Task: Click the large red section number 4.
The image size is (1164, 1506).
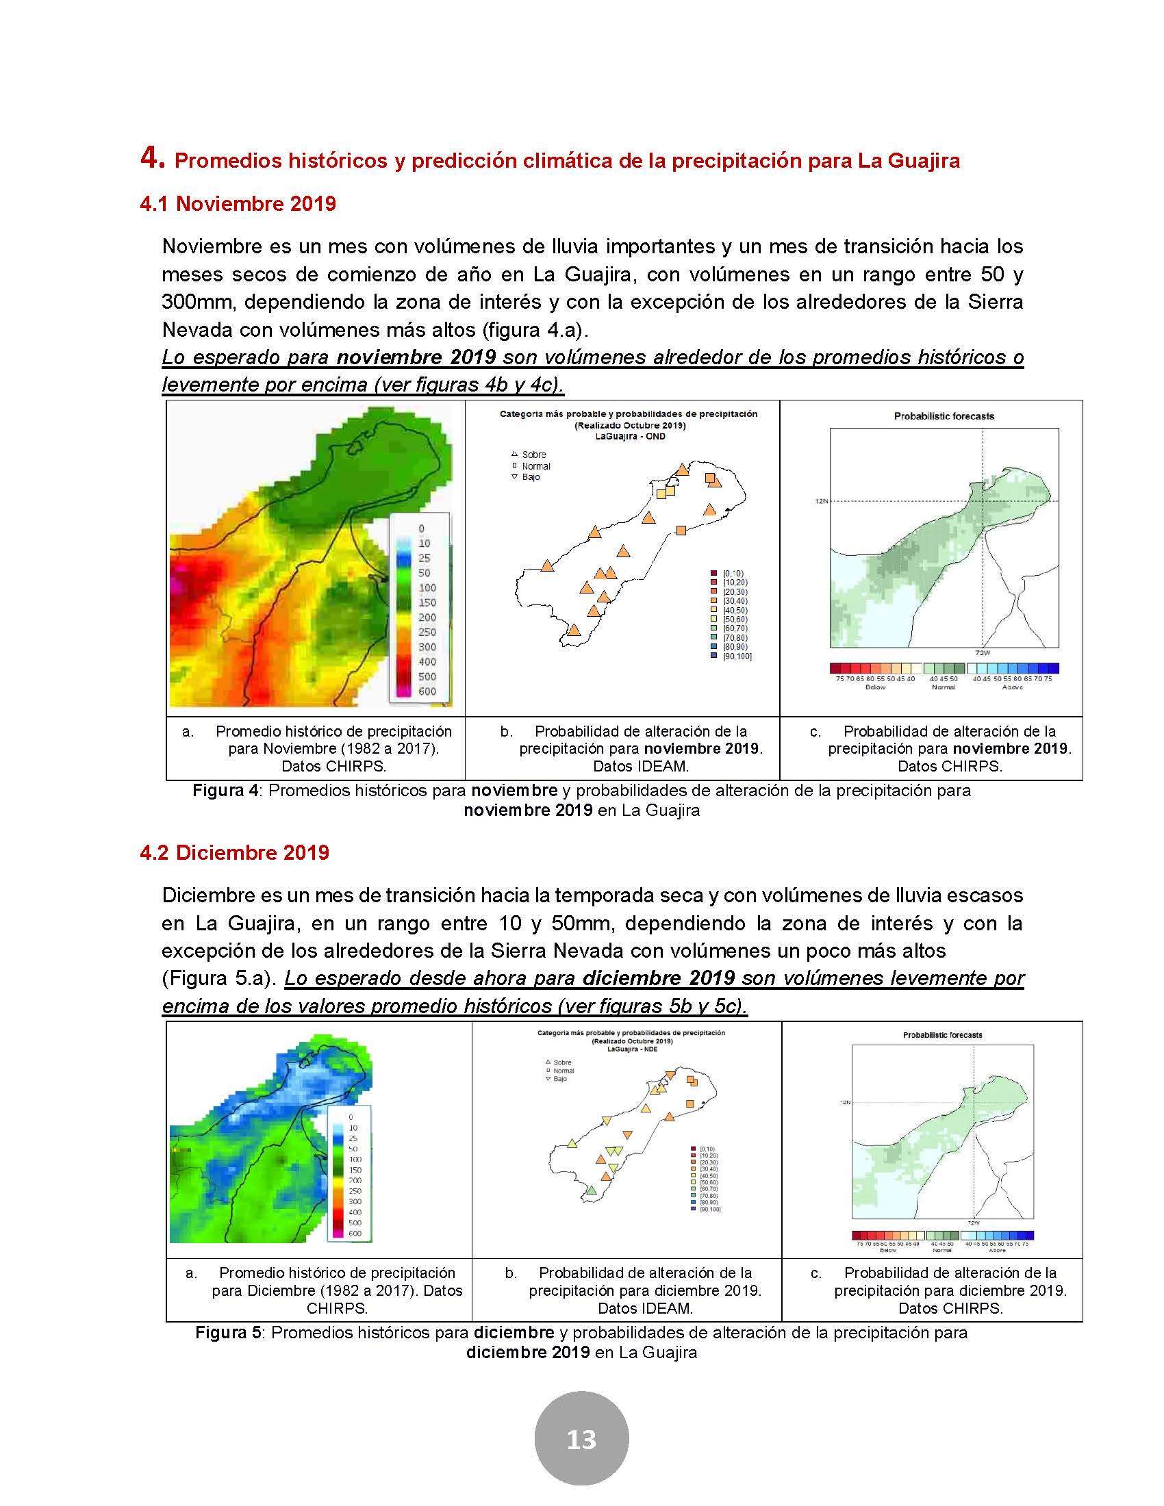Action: click(152, 158)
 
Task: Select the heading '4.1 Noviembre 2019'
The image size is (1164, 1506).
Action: click(238, 203)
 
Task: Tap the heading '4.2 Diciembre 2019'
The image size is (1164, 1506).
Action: click(234, 852)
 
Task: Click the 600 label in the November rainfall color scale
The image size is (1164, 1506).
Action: click(427, 691)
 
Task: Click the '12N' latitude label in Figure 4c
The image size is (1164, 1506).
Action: click(820, 501)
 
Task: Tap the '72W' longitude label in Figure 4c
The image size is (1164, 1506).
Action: click(982, 652)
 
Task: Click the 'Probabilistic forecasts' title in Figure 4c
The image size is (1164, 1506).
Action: click(944, 416)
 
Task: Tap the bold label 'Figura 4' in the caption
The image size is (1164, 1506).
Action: click(225, 790)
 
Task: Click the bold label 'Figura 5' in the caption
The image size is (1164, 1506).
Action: click(228, 1333)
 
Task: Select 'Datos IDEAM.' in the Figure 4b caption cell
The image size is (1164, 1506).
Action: click(641, 766)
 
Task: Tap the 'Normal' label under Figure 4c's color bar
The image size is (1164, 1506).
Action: click(944, 687)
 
